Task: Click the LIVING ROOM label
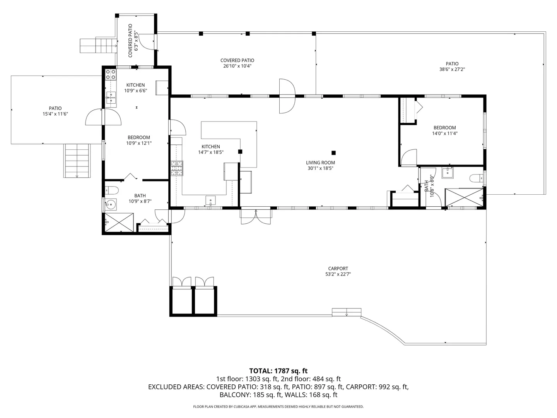coord(320,163)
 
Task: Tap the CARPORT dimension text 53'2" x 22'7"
coord(338,274)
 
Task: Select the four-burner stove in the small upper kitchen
coord(111,74)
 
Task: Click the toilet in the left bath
coord(112,190)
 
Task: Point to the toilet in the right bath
coord(477,178)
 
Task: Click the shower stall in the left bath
coord(119,222)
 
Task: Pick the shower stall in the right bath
coord(464,198)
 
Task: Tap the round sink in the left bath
coord(111,204)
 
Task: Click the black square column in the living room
coord(334,153)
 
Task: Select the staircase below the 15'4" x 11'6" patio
coord(77,161)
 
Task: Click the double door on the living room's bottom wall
coord(256,216)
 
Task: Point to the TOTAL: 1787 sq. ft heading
coord(278,371)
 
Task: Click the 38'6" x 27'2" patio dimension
coord(452,69)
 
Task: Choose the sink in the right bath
coord(448,173)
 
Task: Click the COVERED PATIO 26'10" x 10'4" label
coord(237,63)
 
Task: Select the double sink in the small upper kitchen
coord(111,98)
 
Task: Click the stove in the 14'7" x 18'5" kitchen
coord(177,168)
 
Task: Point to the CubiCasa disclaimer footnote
coord(278,406)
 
